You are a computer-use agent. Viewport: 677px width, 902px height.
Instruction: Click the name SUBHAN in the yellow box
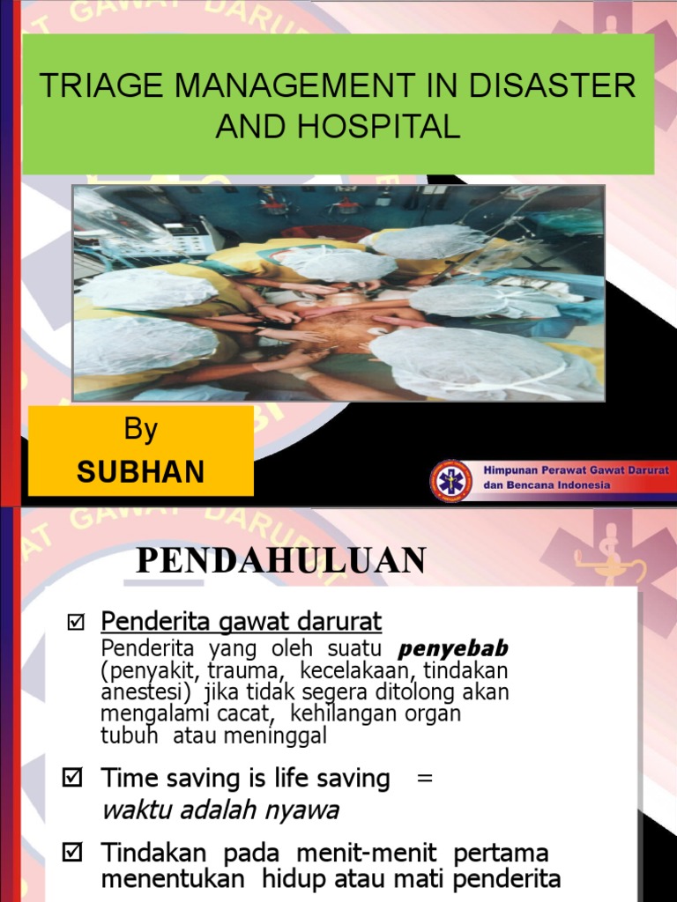[141, 472]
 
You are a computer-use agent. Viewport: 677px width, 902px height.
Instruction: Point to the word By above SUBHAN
[141, 430]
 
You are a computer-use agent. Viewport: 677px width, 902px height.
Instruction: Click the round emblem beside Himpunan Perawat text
[451, 478]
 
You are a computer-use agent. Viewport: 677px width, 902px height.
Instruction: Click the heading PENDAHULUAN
[280, 560]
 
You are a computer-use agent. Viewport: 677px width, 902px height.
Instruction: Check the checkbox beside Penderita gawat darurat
[75, 624]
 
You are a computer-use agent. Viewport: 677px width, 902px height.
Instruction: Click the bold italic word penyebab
[454, 650]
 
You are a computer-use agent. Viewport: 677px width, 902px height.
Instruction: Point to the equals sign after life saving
[425, 779]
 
